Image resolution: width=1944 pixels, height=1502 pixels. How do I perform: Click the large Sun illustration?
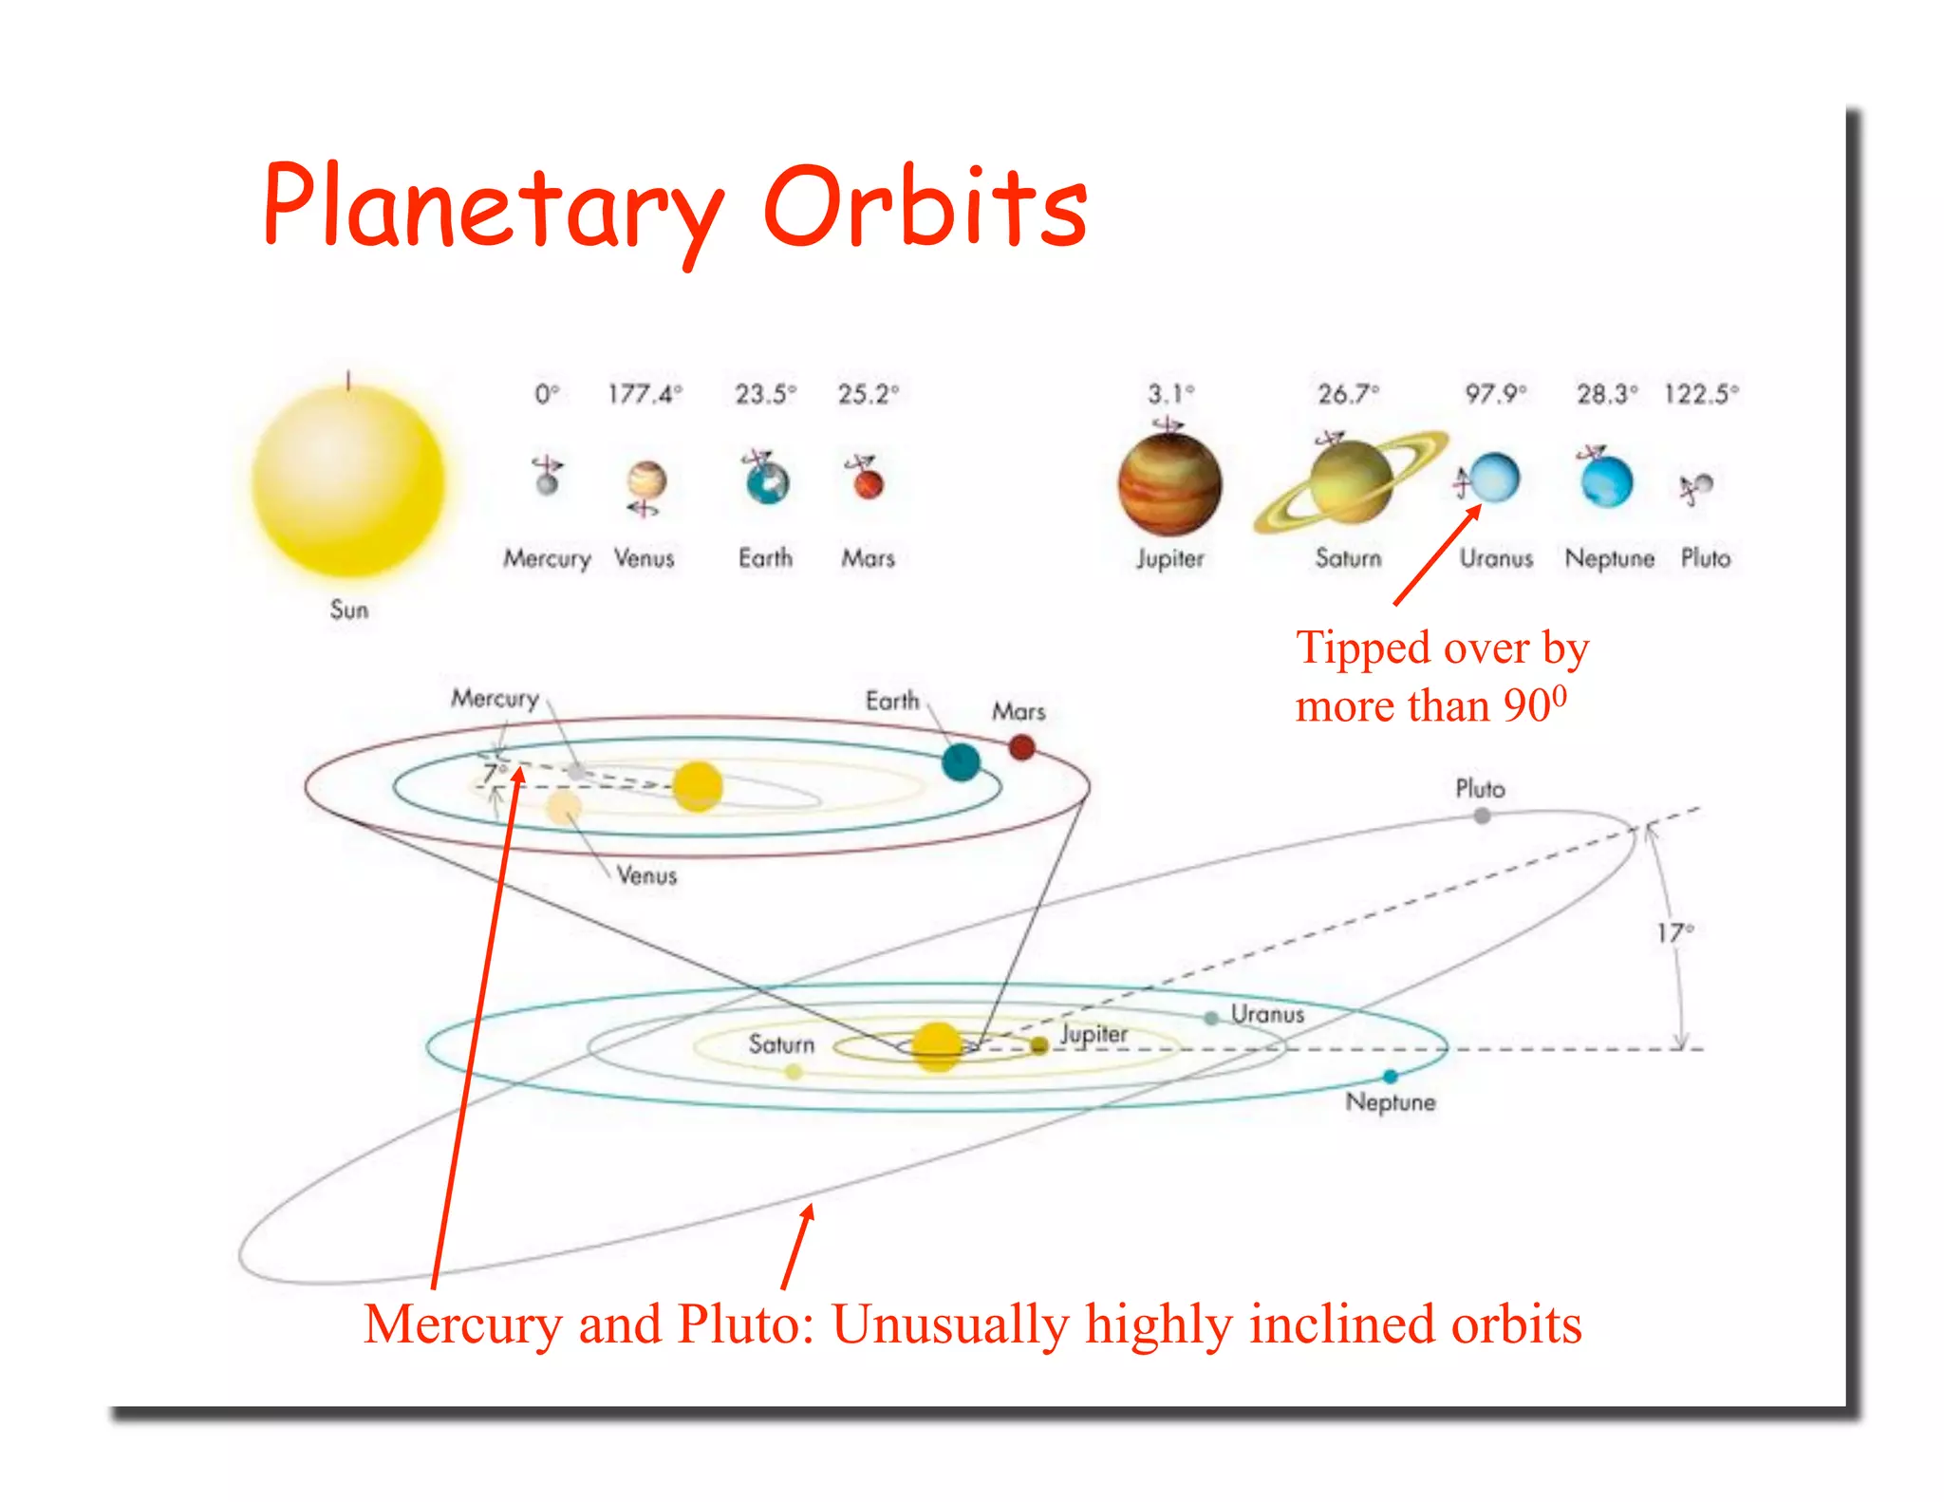click(x=348, y=482)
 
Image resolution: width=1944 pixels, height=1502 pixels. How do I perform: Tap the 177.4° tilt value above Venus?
click(x=645, y=393)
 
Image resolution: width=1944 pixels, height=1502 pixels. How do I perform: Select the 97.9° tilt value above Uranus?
click(x=1495, y=393)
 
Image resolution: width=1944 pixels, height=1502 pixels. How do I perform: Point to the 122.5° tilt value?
click(x=1700, y=393)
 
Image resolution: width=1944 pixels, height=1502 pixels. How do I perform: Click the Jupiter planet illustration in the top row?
click(x=1169, y=484)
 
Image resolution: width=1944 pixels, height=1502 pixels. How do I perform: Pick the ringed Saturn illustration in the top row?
click(x=1350, y=482)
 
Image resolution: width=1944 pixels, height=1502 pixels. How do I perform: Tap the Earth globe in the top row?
click(x=767, y=482)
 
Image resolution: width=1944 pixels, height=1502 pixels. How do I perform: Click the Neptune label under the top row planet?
click(x=1609, y=558)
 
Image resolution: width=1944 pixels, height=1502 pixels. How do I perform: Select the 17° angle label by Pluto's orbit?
click(x=1674, y=933)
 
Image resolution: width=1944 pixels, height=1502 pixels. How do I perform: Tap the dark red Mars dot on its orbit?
click(x=1021, y=748)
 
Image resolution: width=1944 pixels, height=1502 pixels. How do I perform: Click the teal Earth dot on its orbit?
click(x=961, y=762)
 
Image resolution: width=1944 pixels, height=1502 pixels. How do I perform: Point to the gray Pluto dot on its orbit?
click(x=1482, y=816)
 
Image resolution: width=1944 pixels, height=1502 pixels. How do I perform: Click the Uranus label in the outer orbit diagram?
click(x=1267, y=1014)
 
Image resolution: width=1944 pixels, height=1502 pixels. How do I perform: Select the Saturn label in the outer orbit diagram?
click(x=781, y=1044)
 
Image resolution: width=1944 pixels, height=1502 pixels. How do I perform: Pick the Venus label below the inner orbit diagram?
click(x=646, y=875)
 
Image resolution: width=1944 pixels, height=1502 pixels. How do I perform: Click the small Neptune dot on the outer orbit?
click(x=1391, y=1076)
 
